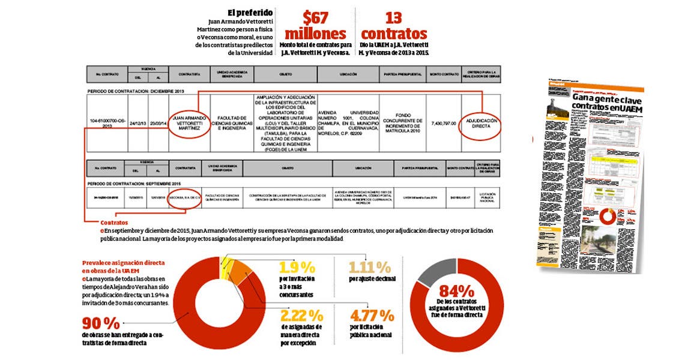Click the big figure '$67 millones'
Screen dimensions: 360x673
[x=316, y=25]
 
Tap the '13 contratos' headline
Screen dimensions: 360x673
[x=394, y=25]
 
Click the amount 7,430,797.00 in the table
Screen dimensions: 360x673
[x=442, y=122]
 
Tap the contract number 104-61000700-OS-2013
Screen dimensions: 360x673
[x=107, y=122]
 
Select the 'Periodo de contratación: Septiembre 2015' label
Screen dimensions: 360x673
[x=136, y=183]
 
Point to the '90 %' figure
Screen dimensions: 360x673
[x=101, y=322]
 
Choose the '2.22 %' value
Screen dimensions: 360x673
[x=301, y=315]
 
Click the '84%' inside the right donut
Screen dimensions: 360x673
[x=457, y=290]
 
